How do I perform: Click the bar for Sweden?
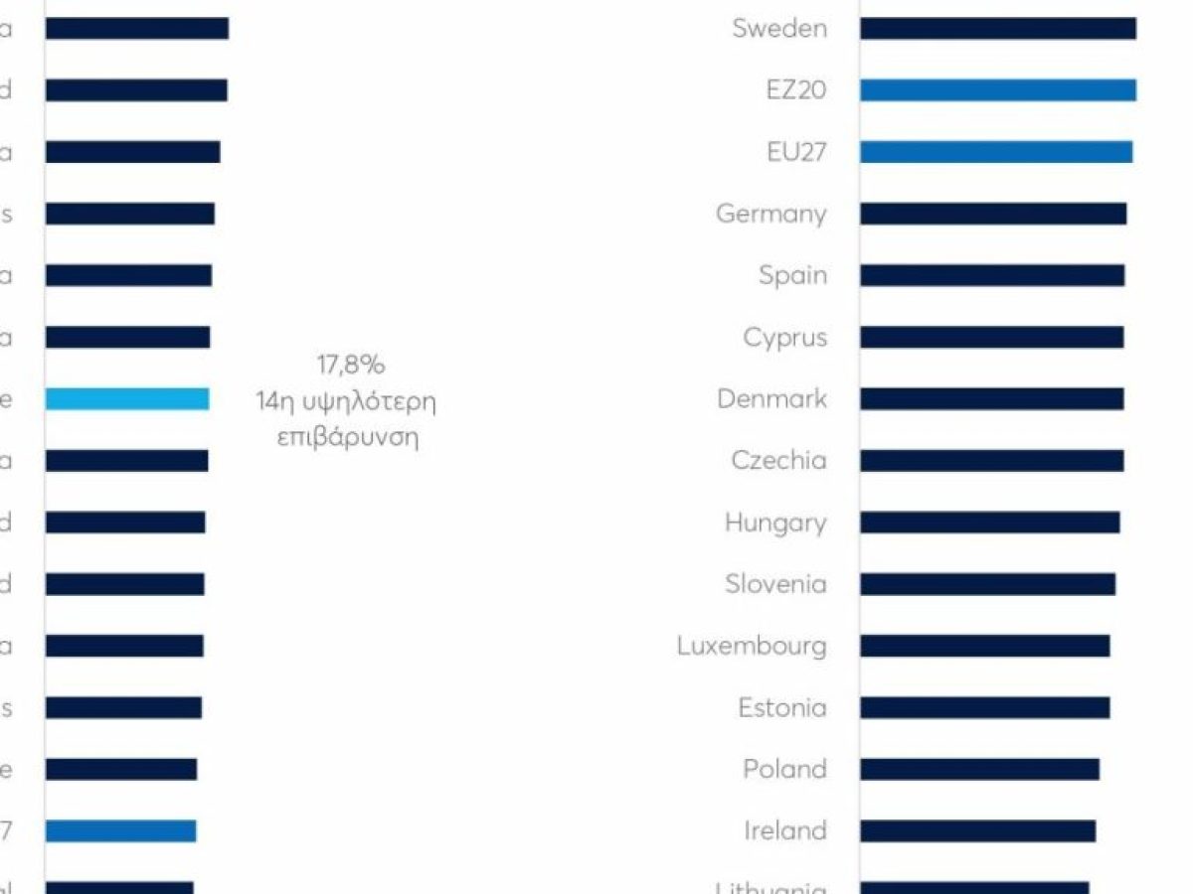click(997, 29)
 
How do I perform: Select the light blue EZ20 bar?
click(997, 90)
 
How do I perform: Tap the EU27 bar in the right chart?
click(995, 152)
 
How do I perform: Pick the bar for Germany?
click(992, 214)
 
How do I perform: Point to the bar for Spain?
click(991, 275)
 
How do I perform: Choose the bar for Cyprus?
click(991, 338)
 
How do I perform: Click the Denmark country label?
click(771, 399)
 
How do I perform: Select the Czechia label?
click(778, 461)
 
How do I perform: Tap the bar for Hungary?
click(989, 522)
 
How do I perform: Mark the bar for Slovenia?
click(987, 584)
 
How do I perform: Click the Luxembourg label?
click(752, 646)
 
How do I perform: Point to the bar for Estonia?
click(984, 707)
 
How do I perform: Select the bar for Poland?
click(979, 769)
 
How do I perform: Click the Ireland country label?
click(784, 830)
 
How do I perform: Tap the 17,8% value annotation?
click(350, 366)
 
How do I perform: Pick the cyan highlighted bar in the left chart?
click(127, 399)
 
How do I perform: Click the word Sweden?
click(779, 29)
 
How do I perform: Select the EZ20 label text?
click(796, 90)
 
